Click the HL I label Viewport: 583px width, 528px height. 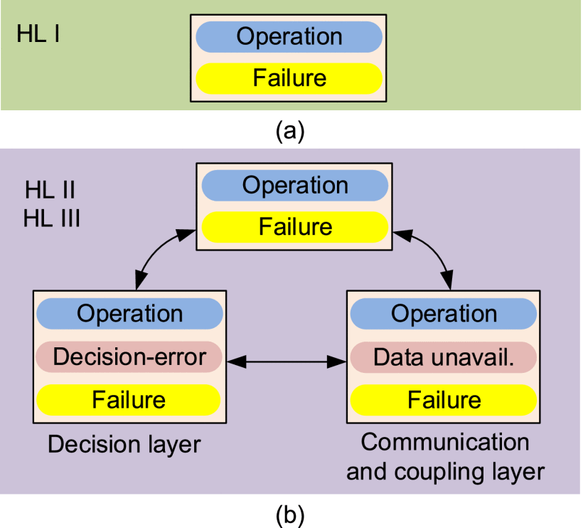(x=38, y=34)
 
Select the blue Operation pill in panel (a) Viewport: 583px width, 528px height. (x=289, y=37)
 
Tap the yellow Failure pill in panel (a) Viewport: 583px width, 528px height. (x=289, y=77)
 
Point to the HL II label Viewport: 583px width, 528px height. (x=50, y=191)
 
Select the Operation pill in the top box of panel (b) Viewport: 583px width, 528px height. (x=294, y=186)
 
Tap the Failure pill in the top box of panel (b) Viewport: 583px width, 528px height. (x=294, y=227)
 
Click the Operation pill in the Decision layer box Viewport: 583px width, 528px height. (x=129, y=313)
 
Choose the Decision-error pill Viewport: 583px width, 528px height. (x=129, y=357)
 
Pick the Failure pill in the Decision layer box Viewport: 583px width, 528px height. (x=129, y=399)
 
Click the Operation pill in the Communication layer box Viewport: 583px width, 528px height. (x=443, y=313)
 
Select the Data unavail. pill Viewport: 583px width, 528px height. (x=443, y=357)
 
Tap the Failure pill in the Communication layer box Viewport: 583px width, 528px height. (x=443, y=399)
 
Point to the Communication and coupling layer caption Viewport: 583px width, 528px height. (x=445, y=456)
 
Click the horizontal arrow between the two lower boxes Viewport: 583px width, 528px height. (x=286, y=362)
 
